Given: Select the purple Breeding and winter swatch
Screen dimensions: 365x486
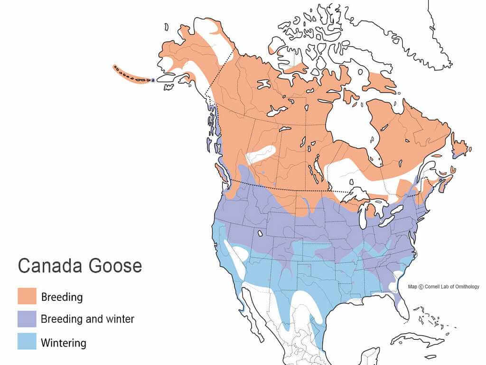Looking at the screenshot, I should click(27, 318).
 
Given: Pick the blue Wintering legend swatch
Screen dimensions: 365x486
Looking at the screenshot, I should click(27, 342).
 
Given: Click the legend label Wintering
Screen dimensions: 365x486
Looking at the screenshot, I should click(64, 342).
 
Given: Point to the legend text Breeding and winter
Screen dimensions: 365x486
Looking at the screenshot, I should click(87, 319).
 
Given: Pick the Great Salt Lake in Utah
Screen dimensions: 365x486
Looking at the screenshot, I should click(260, 233).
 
